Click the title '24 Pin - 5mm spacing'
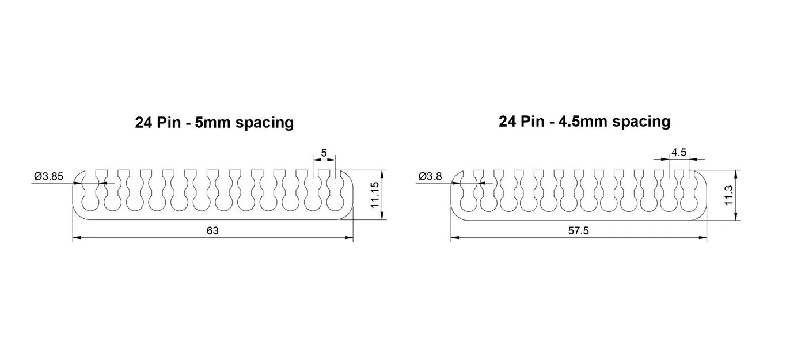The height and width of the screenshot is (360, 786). point(214,123)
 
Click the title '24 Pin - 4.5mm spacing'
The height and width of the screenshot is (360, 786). point(584,122)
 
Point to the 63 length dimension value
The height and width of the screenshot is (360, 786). point(212,230)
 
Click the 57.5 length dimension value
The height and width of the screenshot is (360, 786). point(579,230)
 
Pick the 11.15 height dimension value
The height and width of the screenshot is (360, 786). point(375,195)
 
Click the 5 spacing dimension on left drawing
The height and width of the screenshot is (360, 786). point(324,153)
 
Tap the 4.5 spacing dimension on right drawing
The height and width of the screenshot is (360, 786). point(679,152)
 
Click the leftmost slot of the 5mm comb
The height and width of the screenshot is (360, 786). point(91,190)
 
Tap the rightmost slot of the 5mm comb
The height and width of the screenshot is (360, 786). point(335,190)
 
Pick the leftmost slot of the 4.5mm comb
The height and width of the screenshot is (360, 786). point(470,190)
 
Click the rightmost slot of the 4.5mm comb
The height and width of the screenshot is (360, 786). point(689,190)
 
